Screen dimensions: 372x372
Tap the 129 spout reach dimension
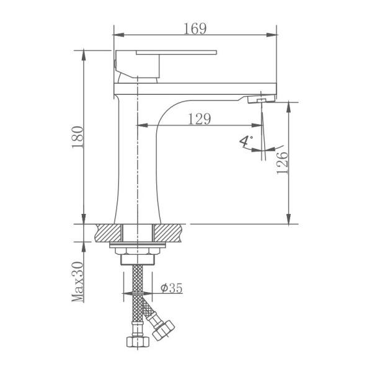(x=198, y=119)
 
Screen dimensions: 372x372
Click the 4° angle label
(x=246, y=142)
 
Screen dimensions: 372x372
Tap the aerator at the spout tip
(x=259, y=100)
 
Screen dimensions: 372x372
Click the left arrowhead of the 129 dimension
(x=140, y=126)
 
